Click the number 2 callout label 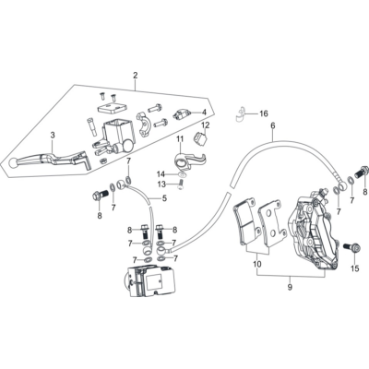[135, 75]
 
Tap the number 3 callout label [53, 136]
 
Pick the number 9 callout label [290, 289]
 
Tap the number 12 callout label [206, 125]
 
